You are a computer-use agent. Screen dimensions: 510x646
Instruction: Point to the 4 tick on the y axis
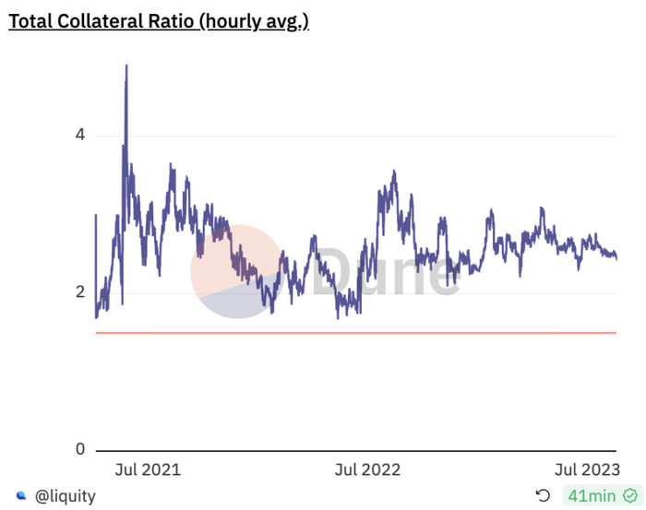point(80,136)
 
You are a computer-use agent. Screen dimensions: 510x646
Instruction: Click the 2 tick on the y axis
point(80,292)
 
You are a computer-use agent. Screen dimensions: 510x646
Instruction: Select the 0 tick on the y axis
point(80,450)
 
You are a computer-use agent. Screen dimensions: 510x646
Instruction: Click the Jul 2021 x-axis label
point(149,469)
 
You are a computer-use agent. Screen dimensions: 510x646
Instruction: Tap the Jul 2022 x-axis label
point(368,469)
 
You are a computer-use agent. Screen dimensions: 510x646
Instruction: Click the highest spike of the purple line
point(126,66)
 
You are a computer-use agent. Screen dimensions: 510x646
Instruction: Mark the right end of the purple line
point(616,257)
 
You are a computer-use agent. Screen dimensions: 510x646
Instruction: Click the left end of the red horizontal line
point(97,332)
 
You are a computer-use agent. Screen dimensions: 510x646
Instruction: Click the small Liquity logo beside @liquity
point(21,495)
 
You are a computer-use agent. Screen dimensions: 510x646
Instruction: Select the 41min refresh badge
point(594,495)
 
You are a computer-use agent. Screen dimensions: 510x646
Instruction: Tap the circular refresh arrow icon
point(543,495)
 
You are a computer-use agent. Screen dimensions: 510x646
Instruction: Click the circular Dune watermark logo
point(237,271)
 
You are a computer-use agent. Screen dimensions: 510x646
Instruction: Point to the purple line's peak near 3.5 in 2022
point(394,172)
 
